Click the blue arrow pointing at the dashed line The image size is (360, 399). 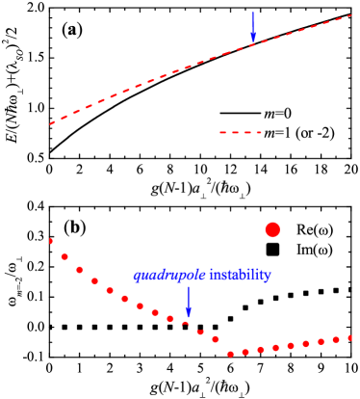(x=253, y=27)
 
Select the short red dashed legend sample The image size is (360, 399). (x=241, y=132)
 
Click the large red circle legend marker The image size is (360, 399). (x=272, y=229)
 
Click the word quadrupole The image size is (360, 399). (x=169, y=276)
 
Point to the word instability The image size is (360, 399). (x=240, y=276)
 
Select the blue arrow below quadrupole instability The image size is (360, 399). (x=189, y=301)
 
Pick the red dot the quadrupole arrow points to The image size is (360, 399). (x=186, y=324)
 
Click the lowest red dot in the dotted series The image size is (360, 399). (x=230, y=354)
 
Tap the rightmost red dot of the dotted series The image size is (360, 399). (x=350, y=337)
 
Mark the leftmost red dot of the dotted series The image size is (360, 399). (x=51, y=241)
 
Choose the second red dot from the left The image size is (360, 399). (x=64, y=256)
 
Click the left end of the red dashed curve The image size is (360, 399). (x=51, y=123)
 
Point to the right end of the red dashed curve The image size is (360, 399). (x=351, y=15)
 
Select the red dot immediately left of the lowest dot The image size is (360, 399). (x=215, y=339)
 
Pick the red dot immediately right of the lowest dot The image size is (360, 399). (x=245, y=352)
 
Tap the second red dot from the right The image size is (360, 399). (x=335, y=339)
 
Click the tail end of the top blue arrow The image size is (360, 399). (x=253, y=13)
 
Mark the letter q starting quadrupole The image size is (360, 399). (x=138, y=277)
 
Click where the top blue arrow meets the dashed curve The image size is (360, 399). (x=253, y=44)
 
